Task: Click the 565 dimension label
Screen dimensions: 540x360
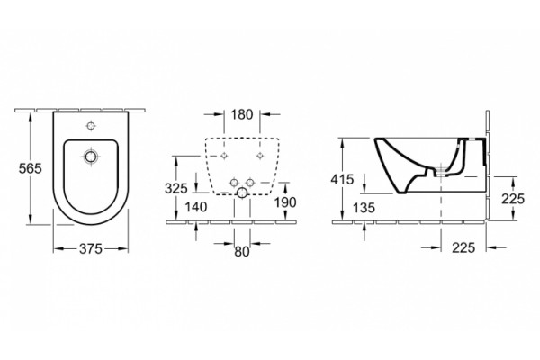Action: (x=30, y=168)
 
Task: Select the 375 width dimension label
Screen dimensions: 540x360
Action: (x=91, y=248)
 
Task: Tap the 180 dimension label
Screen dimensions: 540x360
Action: (x=242, y=114)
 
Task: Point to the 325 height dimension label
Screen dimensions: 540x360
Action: (x=176, y=188)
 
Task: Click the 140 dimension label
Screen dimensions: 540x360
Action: (x=196, y=207)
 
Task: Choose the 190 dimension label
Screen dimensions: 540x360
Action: (x=285, y=202)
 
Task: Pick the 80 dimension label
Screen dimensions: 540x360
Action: (x=242, y=252)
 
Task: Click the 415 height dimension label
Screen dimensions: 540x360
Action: (x=342, y=179)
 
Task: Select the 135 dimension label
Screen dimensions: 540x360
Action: (x=364, y=208)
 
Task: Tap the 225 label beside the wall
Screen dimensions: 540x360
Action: (x=513, y=199)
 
